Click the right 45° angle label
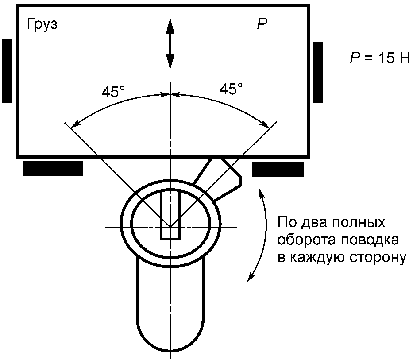click(x=231, y=89)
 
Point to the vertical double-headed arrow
click(x=170, y=44)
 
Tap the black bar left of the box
click(x=7, y=70)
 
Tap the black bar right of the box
click(x=318, y=72)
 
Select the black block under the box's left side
click(x=53, y=169)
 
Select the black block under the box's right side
click(x=278, y=169)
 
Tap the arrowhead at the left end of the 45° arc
click(x=75, y=122)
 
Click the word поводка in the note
click(x=369, y=240)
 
